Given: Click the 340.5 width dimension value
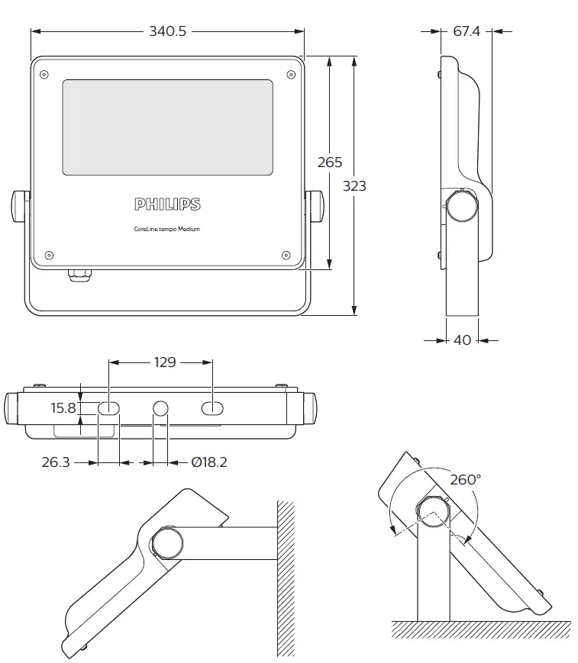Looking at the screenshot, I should click(x=167, y=31).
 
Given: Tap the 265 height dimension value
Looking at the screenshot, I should click(x=330, y=163).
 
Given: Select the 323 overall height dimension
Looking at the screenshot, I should click(x=354, y=185).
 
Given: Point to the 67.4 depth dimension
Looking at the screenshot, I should click(x=467, y=31).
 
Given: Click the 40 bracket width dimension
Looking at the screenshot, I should click(x=463, y=340).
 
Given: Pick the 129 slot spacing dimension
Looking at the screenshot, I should click(x=161, y=362).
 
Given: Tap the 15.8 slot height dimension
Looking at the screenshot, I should click(x=64, y=408).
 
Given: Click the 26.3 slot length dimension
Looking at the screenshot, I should click(x=55, y=462).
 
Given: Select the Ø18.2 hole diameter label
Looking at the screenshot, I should click(x=209, y=462).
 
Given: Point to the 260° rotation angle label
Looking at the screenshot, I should click(x=466, y=480).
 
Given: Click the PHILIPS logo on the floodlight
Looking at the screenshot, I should click(x=167, y=204).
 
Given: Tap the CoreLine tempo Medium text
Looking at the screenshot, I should click(x=166, y=229).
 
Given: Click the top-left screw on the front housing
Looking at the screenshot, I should click(x=44, y=74).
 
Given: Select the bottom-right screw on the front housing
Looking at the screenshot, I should click(x=286, y=255).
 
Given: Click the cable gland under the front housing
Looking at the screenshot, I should click(x=79, y=273).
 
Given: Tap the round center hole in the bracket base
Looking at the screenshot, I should click(x=161, y=409).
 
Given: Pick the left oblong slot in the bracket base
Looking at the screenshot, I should click(x=108, y=409).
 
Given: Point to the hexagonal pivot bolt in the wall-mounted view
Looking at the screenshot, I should click(x=167, y=542).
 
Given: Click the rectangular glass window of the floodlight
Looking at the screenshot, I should click(x=167, y=127).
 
